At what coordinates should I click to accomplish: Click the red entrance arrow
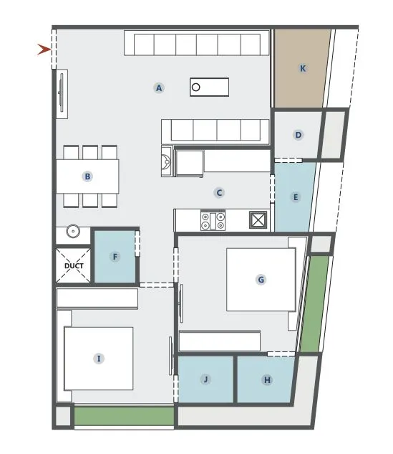tap(44, 49)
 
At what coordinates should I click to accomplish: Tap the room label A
tap(159, 88)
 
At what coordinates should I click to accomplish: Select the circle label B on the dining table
tap(87, 176)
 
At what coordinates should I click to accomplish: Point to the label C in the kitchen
tap(220, 192)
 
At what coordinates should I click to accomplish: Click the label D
tap(299, 134)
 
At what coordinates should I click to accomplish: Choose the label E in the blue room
tap(295, 197)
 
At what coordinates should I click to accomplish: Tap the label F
tap(115, 256)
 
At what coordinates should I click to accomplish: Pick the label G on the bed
tap(261, 280)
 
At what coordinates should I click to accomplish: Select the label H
tap(267, 380)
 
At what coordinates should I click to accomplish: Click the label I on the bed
tap(99, 358)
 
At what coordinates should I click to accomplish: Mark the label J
tap(205, 379)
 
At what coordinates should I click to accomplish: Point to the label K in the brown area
tap(303, 68)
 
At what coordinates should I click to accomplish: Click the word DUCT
tap(74, 266)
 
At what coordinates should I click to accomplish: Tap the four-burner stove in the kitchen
tap(213, 220)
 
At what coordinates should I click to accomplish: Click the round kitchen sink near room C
tap(166, 161)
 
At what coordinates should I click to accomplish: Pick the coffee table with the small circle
tap(209, 88)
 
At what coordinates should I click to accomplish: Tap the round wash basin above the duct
tap(73, 232)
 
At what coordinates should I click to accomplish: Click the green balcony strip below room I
tap(125, 416)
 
